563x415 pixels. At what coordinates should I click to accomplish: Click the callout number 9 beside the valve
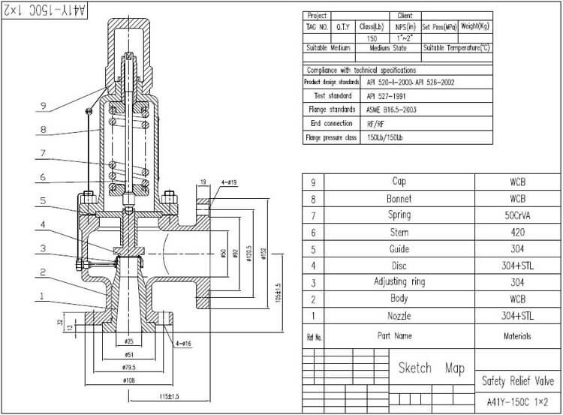point(44,105)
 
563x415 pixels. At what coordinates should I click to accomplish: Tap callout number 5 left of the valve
point(44,201)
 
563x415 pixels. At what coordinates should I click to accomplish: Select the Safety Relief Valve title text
point(519,381)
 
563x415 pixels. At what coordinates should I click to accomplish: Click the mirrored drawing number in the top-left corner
point(47,11)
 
